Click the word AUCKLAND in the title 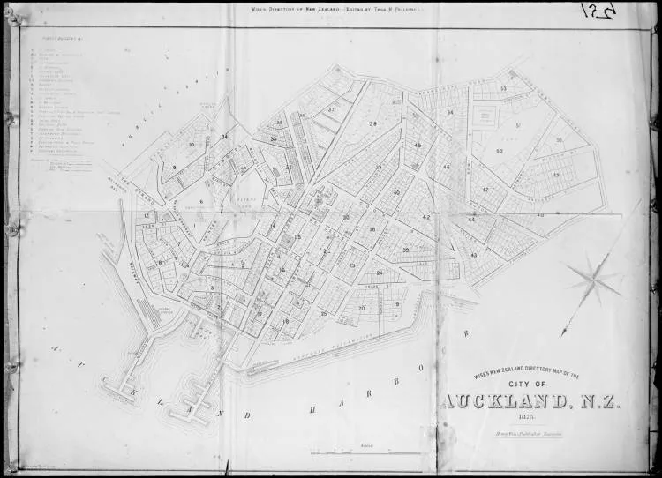coord(504,402)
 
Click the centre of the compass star coord(595,279)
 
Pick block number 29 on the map coord(372,124)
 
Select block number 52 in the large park coord(500,151)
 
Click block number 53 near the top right coord(502,88)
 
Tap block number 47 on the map coord(485,190)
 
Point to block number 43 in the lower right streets coord(474,254)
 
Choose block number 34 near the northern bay coord(224,137)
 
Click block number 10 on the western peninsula coord(191,144)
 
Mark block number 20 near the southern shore coord(362,308)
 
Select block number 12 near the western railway coord(147,215)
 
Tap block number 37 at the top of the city coord(331,109)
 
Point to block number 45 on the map coord(418,145)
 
